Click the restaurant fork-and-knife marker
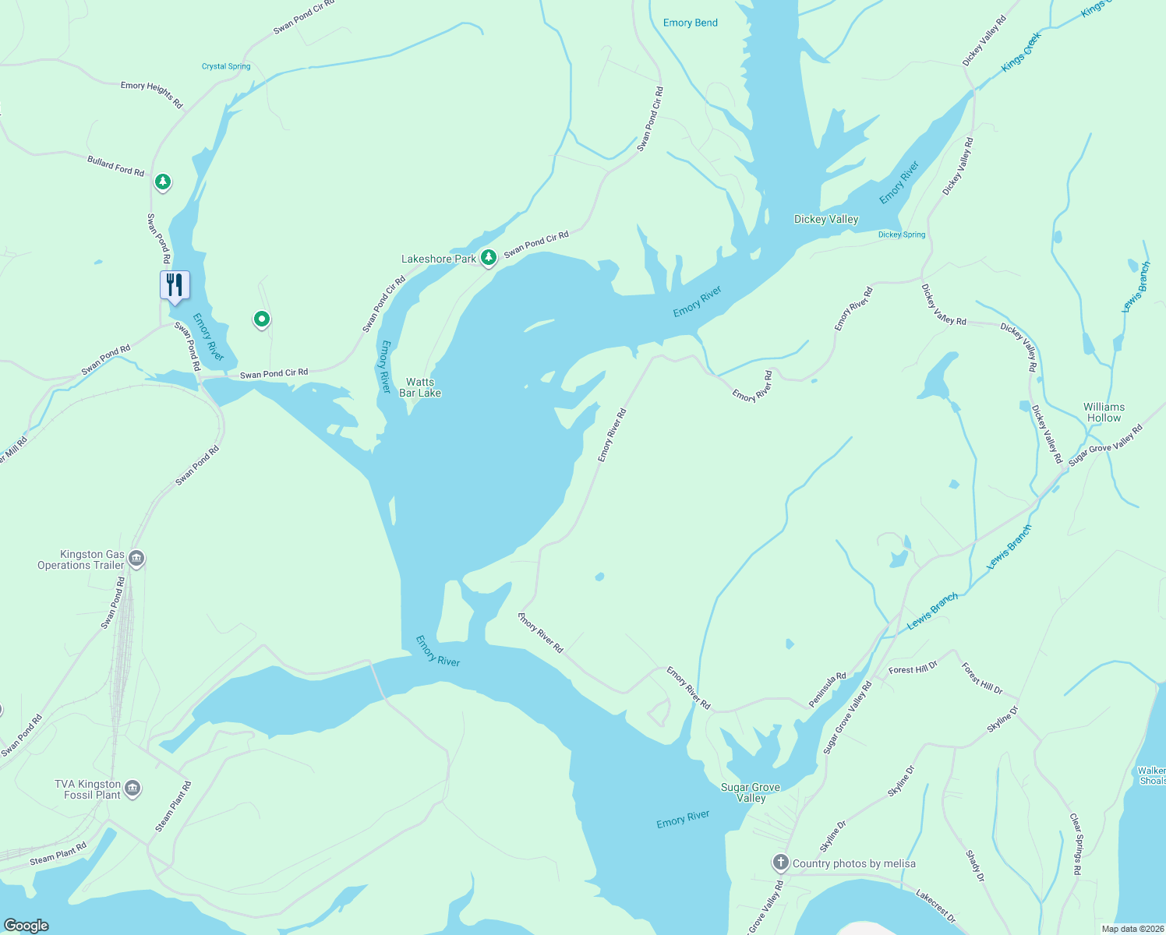coord(175,285)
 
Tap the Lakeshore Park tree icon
coord(488,257)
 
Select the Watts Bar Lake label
coord(420,387)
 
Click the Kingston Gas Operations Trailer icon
coord(136,559)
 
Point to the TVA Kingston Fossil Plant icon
coord(132,789)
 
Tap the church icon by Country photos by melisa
coord(780,862)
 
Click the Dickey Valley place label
coord(825,219)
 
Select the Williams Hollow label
coord(1104,412)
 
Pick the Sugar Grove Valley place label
coord(751,792)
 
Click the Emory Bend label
coord(690,23)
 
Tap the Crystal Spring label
coord(226,66)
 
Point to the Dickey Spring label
coord(902,235)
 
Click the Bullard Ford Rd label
coord(115,166)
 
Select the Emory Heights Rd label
coord(151,95)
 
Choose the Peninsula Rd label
coord(827,690)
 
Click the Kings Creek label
coord(1021,52)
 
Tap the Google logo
coord(26,925)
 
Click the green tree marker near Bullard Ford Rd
coord(162,182)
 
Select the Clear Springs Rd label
coord(1076,844)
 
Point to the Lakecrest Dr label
coord(935,905)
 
